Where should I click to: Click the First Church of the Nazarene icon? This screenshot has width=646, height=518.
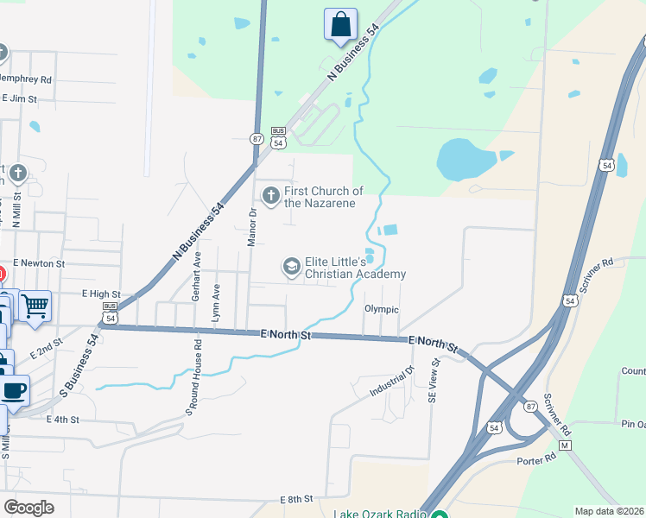[271, 196]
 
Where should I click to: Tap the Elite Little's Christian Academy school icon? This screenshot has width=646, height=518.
[292, 267]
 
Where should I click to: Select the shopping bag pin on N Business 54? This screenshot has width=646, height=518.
[341, 24]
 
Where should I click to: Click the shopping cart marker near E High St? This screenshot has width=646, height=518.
[35, 305]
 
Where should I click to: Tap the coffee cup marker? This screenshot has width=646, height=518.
[13, 389]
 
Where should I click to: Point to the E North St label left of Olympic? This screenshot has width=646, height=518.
[284, 334]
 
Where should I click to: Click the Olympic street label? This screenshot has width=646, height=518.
[382, 309]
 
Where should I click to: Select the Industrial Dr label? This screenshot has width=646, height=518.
[393, 380]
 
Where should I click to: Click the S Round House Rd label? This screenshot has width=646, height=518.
[193, 377]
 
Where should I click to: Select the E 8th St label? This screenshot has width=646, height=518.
[295, 500]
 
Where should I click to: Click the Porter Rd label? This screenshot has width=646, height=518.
[536, 461]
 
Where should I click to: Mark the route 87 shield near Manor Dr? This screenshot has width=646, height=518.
[256, 138]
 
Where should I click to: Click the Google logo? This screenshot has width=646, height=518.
[28, 507]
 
